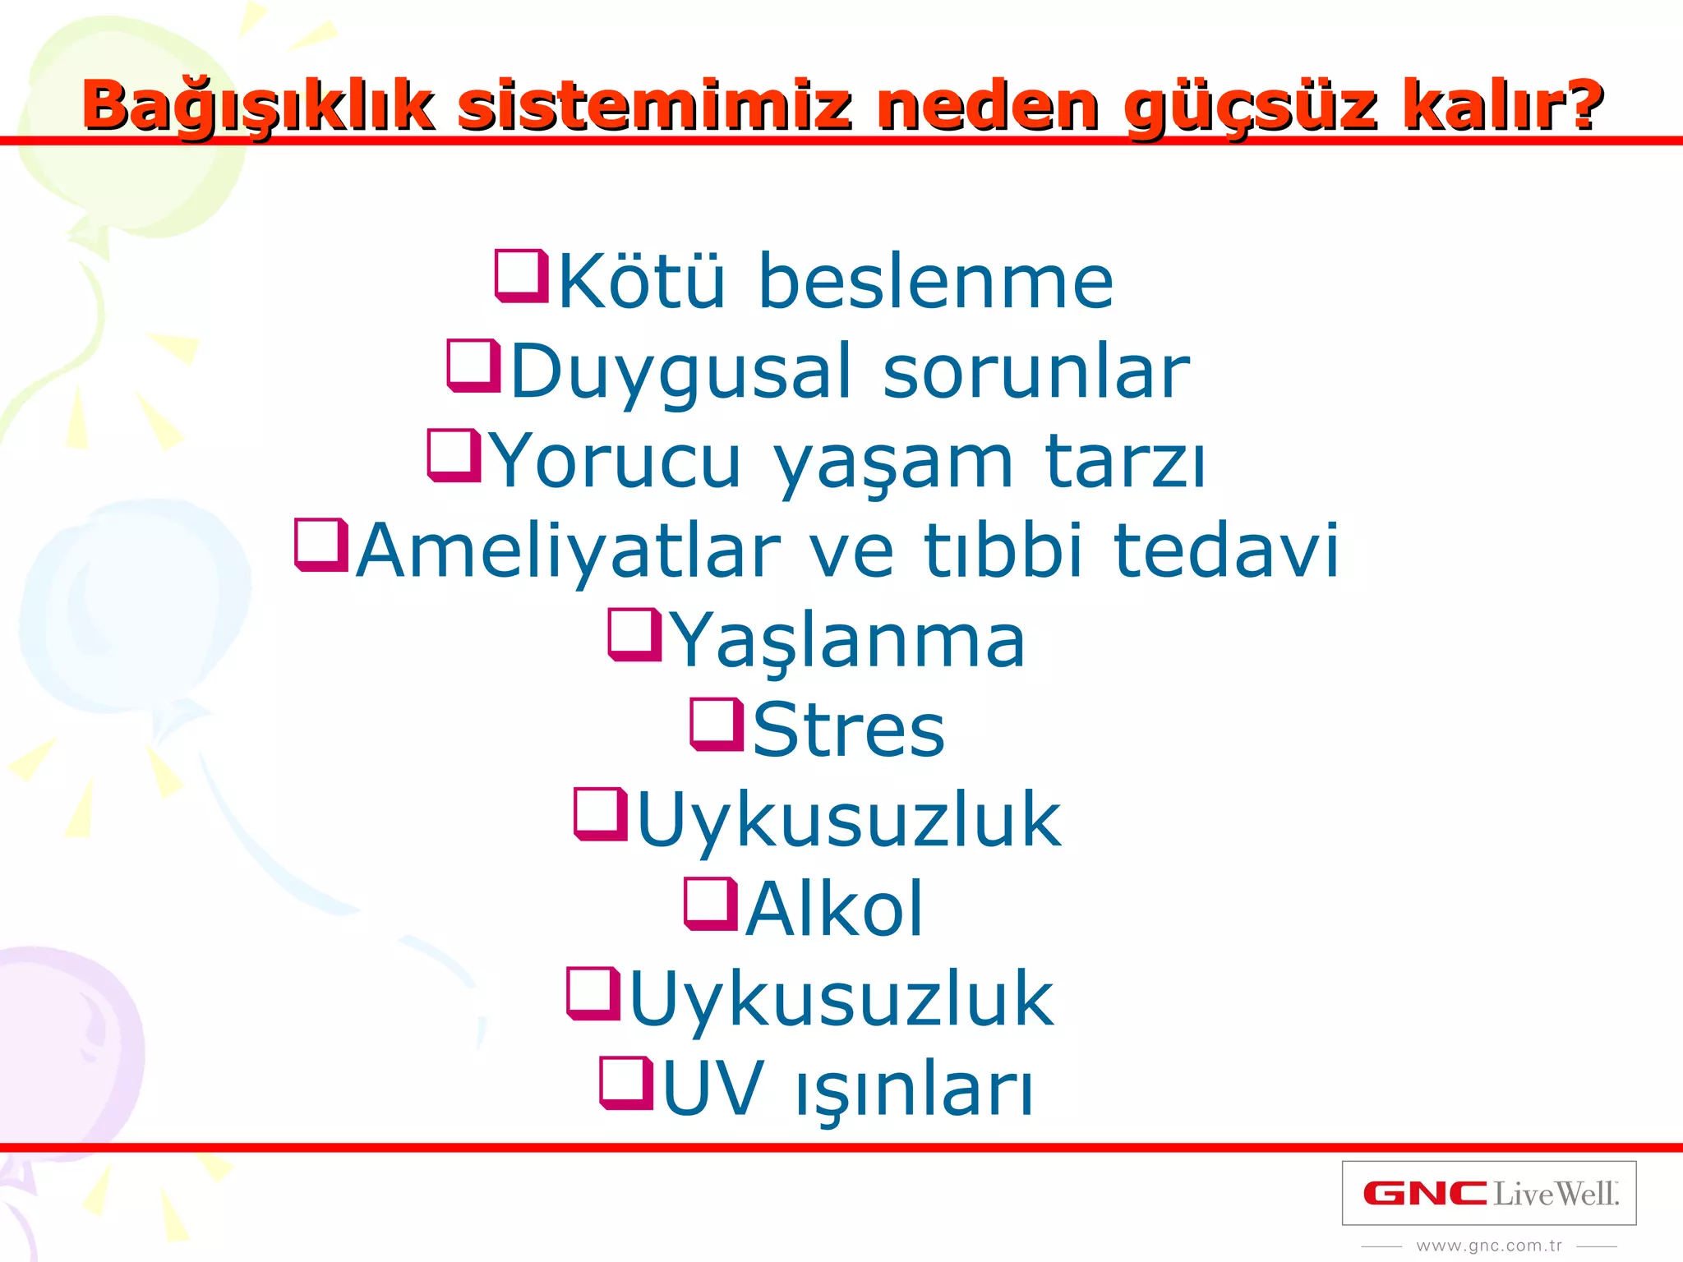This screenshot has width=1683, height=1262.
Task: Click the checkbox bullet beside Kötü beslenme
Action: click(521, 277)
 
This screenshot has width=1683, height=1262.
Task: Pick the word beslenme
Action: click(935, 282)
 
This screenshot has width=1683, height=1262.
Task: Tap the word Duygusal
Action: click(680, 372)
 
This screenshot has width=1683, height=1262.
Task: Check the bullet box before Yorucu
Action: click(454, 455)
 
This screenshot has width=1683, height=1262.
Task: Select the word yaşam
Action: click(893, 463)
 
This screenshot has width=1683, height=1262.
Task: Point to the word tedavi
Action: click(1226, 550)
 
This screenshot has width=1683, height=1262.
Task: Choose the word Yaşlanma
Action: click(849, 641)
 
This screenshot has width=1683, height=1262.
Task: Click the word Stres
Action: click(849, 730)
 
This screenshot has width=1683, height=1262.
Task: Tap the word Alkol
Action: click(835, 909)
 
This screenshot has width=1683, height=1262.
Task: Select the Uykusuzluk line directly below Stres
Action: click(849, 820)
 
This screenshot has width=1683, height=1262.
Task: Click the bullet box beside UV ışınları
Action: click(626, 1083)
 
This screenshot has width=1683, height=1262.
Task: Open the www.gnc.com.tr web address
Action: click(1489, 1246)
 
